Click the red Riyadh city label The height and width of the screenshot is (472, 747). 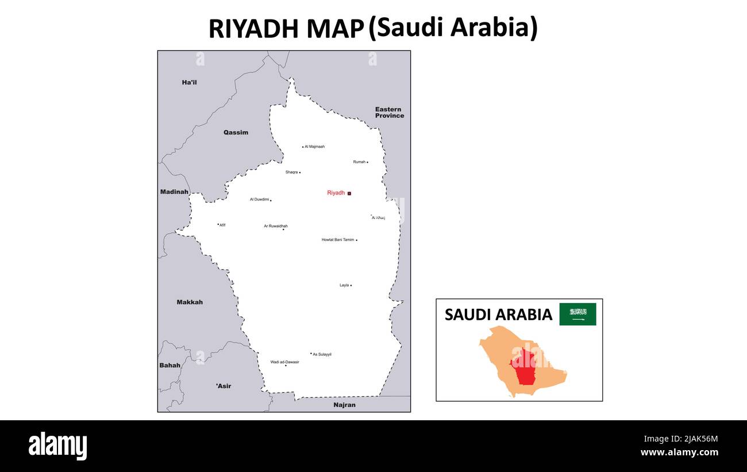pyautogui.click(x=336, y=193)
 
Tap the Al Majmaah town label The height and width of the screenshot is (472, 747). pyautogui.click(x=314, y=147)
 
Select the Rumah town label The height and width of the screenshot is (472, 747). pyautogui.click(x=359, y=162)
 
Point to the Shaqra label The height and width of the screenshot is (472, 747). pyautogui.click(x=291, y=172)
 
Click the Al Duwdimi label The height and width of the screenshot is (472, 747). pyautogui.click(x=259, y=199)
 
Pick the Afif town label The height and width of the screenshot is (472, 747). pyautogui.click(x=222, y=225)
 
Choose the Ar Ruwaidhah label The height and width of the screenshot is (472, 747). pyautogui.click(x=276, y=226)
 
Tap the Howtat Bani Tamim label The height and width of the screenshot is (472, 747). pyautogui.click(x=338, y=240)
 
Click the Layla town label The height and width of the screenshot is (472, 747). pyautogui.click(x=344, y=285)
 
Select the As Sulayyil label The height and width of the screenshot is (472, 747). pyautogui.click(x=322, y=354)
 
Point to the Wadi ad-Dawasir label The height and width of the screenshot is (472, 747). pyautogui.click(x=285, y=362)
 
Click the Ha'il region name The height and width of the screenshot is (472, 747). pyautogui.click(x=189, y=83)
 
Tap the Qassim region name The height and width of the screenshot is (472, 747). pyautogui.click(x=236, y=133)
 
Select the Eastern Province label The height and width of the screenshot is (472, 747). pyautogui.click(x=389, y=112)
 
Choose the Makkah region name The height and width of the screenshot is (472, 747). pyautogui.click(x=190, y=302)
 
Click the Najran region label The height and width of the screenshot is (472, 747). pyautogui.click(x=344, y=405)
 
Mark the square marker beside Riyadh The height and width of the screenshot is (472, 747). pyautogui.click(x=349, y=194)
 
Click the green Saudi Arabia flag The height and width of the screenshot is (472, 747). pyautogui.click(x=577, y=314)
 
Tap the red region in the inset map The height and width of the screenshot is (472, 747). pyautogui.click(x=525, y=368)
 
